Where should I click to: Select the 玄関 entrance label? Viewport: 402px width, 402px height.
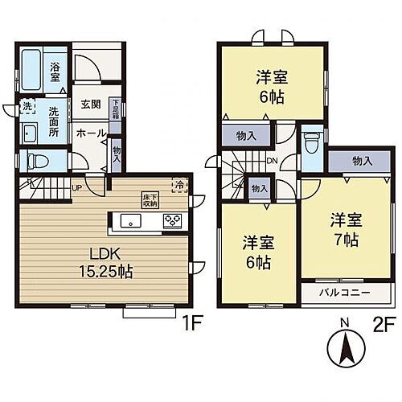(x=90, y=105)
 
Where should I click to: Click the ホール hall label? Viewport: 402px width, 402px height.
(x=90, y=133)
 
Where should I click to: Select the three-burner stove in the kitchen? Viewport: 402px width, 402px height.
(x=173, y=219)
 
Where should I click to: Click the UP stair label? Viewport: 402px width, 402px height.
(x=77, y=188)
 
